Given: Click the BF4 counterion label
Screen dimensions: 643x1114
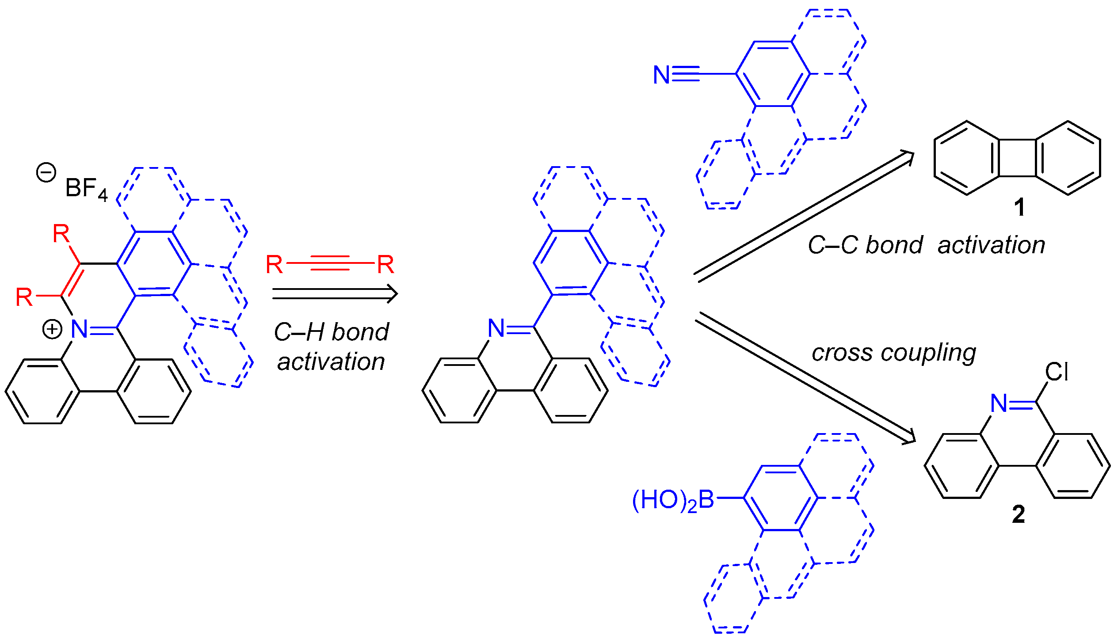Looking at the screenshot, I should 86,189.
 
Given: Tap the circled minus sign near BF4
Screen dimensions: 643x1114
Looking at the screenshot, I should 46,172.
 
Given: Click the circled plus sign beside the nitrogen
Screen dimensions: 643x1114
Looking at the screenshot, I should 52,329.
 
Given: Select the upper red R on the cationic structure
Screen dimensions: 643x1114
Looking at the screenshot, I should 61,233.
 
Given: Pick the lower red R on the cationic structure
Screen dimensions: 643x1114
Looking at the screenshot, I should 24,297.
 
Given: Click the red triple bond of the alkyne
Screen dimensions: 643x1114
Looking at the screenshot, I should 330,263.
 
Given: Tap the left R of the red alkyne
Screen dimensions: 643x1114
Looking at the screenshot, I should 274,265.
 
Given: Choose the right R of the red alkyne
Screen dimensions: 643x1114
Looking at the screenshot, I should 385,265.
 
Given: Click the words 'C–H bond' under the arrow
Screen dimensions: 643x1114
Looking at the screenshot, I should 331,332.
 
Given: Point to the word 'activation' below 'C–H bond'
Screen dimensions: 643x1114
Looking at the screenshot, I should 331,361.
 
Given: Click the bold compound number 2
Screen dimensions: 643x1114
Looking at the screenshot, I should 1019,514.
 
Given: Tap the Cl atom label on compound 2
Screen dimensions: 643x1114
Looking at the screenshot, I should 1057,372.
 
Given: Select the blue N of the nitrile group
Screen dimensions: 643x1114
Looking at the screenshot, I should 661,75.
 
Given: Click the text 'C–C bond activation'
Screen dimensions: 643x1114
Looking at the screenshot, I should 926,245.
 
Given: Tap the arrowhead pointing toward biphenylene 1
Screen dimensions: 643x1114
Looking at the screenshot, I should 908,155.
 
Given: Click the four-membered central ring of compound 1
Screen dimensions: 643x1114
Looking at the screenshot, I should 1017,158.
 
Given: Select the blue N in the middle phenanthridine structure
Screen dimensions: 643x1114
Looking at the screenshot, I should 496,328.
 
